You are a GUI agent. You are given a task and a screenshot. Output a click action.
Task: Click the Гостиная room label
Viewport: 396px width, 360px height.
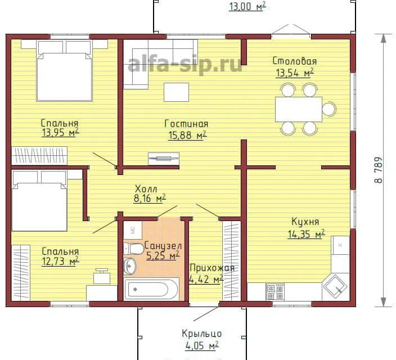[x=186, y=124]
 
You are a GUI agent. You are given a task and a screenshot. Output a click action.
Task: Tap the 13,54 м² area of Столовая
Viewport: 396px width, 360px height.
[x=295, y=73]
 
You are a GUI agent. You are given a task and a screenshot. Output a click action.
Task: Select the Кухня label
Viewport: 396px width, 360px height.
[x=305, y=222]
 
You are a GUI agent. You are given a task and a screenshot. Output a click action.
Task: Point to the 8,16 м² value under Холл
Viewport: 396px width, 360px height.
[x=150, y=199]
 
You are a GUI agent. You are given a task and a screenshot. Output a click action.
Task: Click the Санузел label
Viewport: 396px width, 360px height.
[x=163, y=246]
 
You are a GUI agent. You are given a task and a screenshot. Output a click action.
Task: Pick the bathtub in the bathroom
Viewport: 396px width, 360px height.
[x=151, y=289]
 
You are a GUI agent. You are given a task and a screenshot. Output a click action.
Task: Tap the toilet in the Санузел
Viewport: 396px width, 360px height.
[x=134, y=249]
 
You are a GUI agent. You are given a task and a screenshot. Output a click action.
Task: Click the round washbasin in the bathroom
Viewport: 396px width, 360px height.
[x=130, y=266]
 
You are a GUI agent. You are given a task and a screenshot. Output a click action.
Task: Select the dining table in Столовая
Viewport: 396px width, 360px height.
[x=299, y=109]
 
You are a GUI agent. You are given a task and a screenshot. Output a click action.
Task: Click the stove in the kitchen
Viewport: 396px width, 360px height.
[x=275, y=292]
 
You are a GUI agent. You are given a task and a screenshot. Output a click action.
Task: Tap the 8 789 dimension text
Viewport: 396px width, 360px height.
[x=379, y=170]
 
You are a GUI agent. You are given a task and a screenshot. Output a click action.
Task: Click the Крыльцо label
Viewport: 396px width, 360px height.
[x=202, y=334]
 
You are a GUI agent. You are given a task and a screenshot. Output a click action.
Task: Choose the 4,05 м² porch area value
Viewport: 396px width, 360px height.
[x=202, y=345]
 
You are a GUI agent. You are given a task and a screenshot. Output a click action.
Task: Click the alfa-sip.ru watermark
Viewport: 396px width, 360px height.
[x=185, y=65]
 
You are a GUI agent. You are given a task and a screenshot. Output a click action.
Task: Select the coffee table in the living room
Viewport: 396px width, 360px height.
[x=176, y=92]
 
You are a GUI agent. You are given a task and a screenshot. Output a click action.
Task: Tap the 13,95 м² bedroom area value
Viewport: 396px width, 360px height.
[x=60, y=132]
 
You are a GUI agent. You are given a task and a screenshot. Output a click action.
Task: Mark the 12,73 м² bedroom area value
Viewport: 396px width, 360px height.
[x=60, y=261]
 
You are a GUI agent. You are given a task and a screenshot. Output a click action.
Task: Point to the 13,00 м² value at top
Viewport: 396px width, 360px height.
[x=247, y=7]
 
